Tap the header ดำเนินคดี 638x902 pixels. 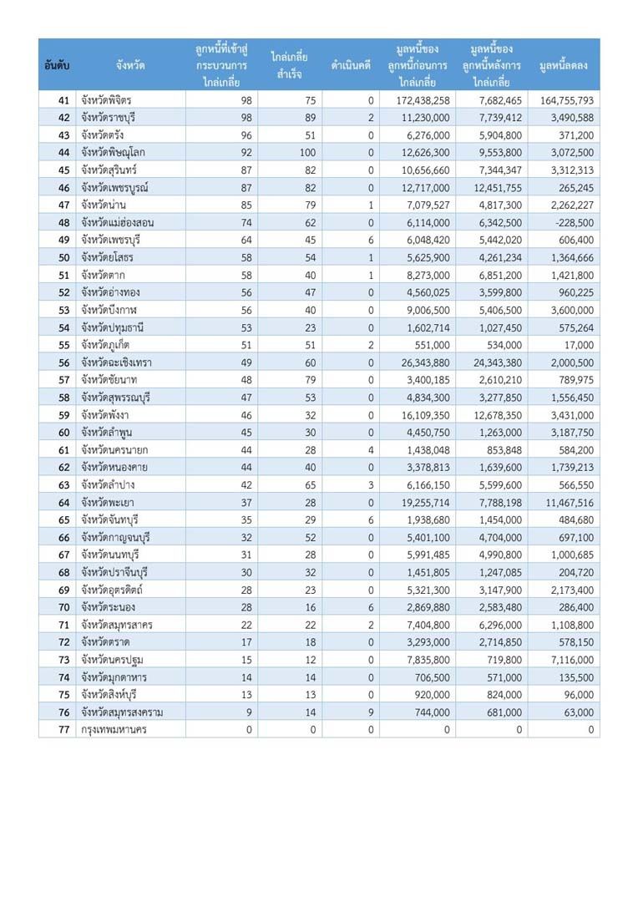(x=351, y=64)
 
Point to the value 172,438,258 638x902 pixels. (x=420, y=100)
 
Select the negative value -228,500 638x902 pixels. (x=573, y=223)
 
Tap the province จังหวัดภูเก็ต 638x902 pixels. (x=105, y=345)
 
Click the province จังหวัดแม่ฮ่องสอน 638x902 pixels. (x=118, y=223)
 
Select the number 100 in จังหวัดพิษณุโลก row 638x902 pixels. (x=308, y=153)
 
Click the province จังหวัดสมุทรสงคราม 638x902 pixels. (x=122, y=712)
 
